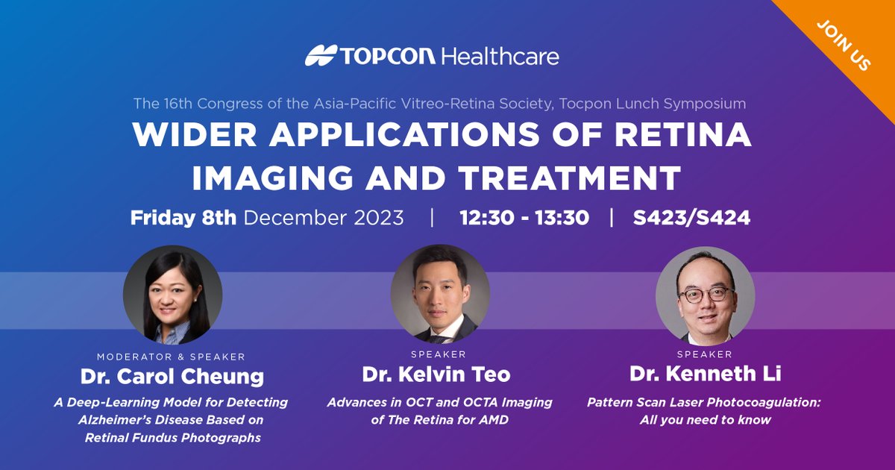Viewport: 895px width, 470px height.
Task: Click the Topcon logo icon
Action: [320, 56]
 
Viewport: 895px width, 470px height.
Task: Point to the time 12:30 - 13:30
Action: [524, 218]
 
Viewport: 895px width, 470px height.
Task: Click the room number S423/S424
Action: [691, 218]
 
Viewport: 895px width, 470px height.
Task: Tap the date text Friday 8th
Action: [183, 218]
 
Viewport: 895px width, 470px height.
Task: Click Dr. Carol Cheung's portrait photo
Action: [172, 294]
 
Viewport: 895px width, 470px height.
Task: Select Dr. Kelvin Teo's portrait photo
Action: [440, 294]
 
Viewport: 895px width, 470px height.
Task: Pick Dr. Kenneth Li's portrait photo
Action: [705, 294]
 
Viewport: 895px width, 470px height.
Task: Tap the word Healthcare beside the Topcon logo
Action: [500, 56]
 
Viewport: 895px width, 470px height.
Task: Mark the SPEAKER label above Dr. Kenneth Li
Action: [704, 354]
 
